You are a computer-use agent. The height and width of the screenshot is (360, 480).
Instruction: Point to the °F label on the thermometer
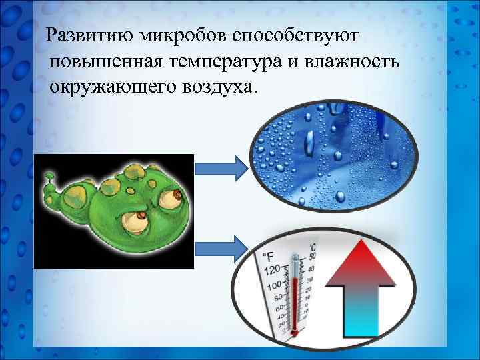point(269,256)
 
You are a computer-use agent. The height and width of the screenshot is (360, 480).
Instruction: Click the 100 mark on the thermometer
point(274,286)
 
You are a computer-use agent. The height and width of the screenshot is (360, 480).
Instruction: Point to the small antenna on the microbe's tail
point(48,177)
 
